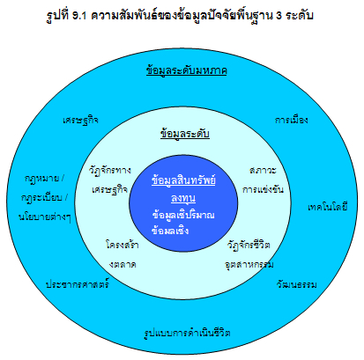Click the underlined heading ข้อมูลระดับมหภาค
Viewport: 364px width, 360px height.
pyautogui.click(x=187, y=70)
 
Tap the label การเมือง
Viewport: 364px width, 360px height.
pyautogui.click(x=292, y=120)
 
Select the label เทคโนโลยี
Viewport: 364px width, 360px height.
pyautogui.click(x=328, y=207)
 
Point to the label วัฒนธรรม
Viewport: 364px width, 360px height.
pyautogui.click(x=296, y=284)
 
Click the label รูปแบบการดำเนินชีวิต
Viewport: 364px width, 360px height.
pyautogui.click(x=187, y=333)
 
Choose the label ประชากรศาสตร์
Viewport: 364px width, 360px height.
pyautogui.click(x=78, y=284)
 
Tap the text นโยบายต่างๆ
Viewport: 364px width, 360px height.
pyautogui.click(x=45, y=217)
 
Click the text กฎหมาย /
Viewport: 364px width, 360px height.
pyautogui.click(x=44, y=179)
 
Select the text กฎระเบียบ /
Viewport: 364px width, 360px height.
pyautogui.click(x=44, y=197)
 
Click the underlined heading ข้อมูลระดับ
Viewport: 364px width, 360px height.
pyautogui.click(x=185, y=134)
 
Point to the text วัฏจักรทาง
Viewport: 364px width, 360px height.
pyautogui.click(x=110, y=170)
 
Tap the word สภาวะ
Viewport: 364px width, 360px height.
pyautogui.click(x=263, y=170)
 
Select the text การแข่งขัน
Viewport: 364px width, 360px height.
pyautogui.click(x=263, y=189)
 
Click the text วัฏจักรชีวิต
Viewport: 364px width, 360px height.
pyautogui.click(x=249, y=245)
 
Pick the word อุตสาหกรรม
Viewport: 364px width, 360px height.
pyautogui.click(x=249, y=264)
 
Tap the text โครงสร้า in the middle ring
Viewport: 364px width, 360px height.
pyautogui.click(x=123, y=245)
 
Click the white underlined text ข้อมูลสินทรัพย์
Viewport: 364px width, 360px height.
pyautogui.click(x=183, y=180)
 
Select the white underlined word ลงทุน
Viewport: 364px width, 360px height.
pyautogui.click(x=183, y=198)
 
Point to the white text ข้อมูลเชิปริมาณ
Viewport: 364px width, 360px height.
pyautogui.click(x=183, y=215)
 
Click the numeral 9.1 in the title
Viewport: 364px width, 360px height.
pyautogui.click(x=79, y=15)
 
